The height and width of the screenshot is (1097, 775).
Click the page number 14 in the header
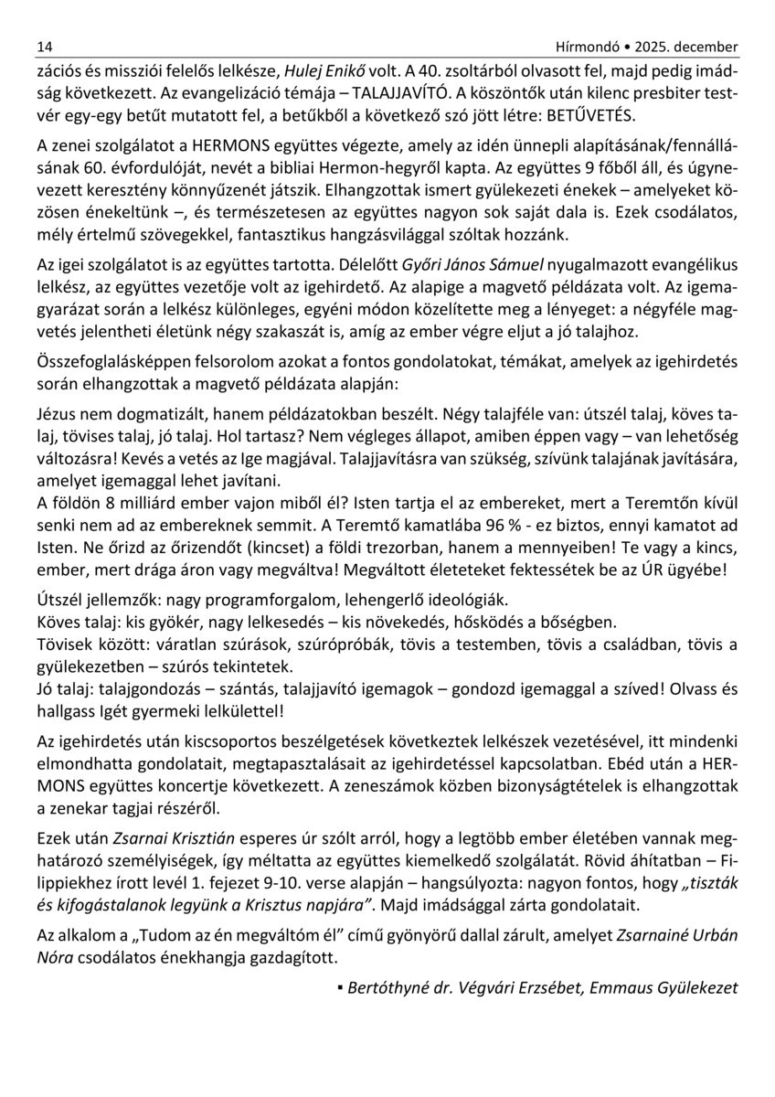44,46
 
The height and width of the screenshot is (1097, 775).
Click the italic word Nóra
56,958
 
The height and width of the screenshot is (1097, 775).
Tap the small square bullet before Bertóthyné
339,988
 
